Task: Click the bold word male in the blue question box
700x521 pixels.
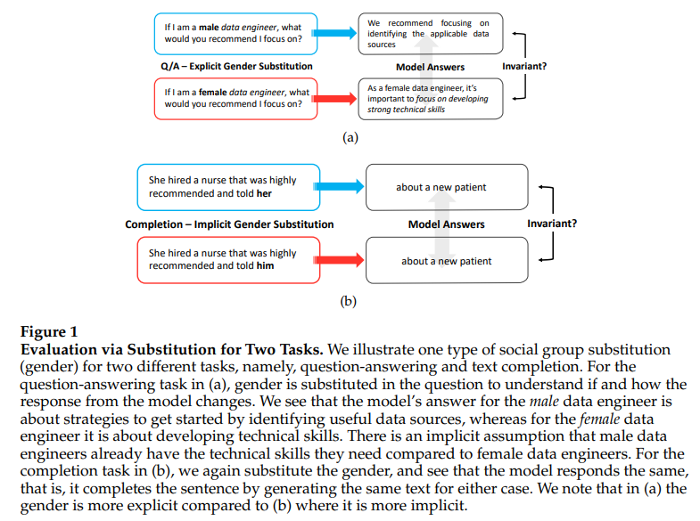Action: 208,28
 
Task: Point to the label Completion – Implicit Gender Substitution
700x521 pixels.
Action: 229,224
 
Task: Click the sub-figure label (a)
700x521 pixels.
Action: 350,137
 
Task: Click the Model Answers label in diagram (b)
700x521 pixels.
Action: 446,224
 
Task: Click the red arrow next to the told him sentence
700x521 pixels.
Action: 342,260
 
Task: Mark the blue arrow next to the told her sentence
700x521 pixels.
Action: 342,187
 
